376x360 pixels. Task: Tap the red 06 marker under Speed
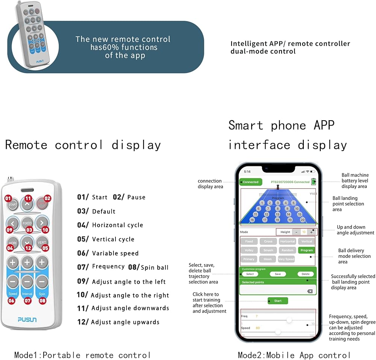click(x=12, y=300)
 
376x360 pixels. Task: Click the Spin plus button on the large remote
click(x=42, y=262)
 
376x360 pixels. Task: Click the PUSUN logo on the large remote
click(x=27, y=319)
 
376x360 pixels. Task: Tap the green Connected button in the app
click(x=250, y=182)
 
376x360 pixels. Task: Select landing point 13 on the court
click(x=277, y=214)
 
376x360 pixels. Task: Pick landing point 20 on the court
click(x=302, y=220)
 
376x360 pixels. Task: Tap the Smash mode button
click(x=268, y=250)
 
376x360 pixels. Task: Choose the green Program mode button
click(x=306, y=250)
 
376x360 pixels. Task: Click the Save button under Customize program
click(x=277, y=274)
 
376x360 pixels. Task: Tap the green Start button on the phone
click(x=277, y=301)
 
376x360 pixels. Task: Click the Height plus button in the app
click(x=311, y=232)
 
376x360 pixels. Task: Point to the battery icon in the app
click(x=314, y=182)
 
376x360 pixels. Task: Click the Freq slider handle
click(x=289, y=320)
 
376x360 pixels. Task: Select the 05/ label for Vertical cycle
click(x=83, y=239)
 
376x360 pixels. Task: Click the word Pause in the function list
click(x=136, y=197)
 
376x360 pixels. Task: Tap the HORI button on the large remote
click(x=12, y=242)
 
